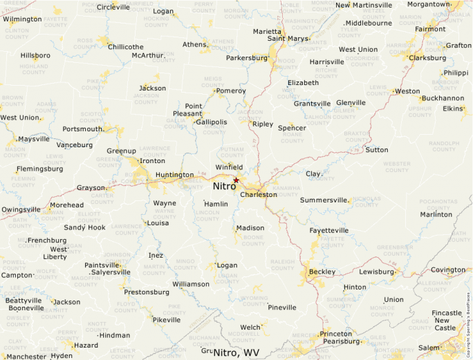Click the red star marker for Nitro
coord(236,180)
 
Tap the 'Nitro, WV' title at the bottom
coord(236,353)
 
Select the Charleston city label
coord(259,195)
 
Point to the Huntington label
coord(174,175)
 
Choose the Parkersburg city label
coord(247,58)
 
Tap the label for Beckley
coord(322,272)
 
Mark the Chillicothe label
coord(125,46)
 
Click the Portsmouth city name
coord(82,129)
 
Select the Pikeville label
coord(166,320)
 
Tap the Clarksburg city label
coord(427,58)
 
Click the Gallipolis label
coord(211,122)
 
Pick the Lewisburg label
coord(376,272)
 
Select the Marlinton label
coord(436,214)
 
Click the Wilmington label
coord(22,19)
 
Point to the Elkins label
coord(453,108)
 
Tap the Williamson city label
coord(191,284)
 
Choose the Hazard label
coord(86,345)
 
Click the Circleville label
coord(113,7)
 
